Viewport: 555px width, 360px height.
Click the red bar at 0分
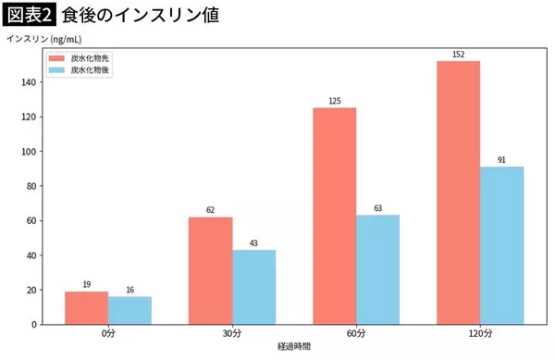(87, 308)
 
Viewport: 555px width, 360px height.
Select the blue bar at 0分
(129, 310)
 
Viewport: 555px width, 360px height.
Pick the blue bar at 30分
(254, 287)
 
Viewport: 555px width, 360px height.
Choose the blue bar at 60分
(378, 269)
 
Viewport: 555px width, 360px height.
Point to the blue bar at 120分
(502, 245)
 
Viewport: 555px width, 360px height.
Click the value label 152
(459, 55)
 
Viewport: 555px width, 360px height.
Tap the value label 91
(502, 160)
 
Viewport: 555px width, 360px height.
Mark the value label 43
(254, 243)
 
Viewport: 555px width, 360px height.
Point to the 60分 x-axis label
(356, 333)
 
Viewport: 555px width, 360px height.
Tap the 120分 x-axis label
(480, 333)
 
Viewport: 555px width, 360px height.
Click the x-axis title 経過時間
(294, 346)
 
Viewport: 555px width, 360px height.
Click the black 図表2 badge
(30, 16)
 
